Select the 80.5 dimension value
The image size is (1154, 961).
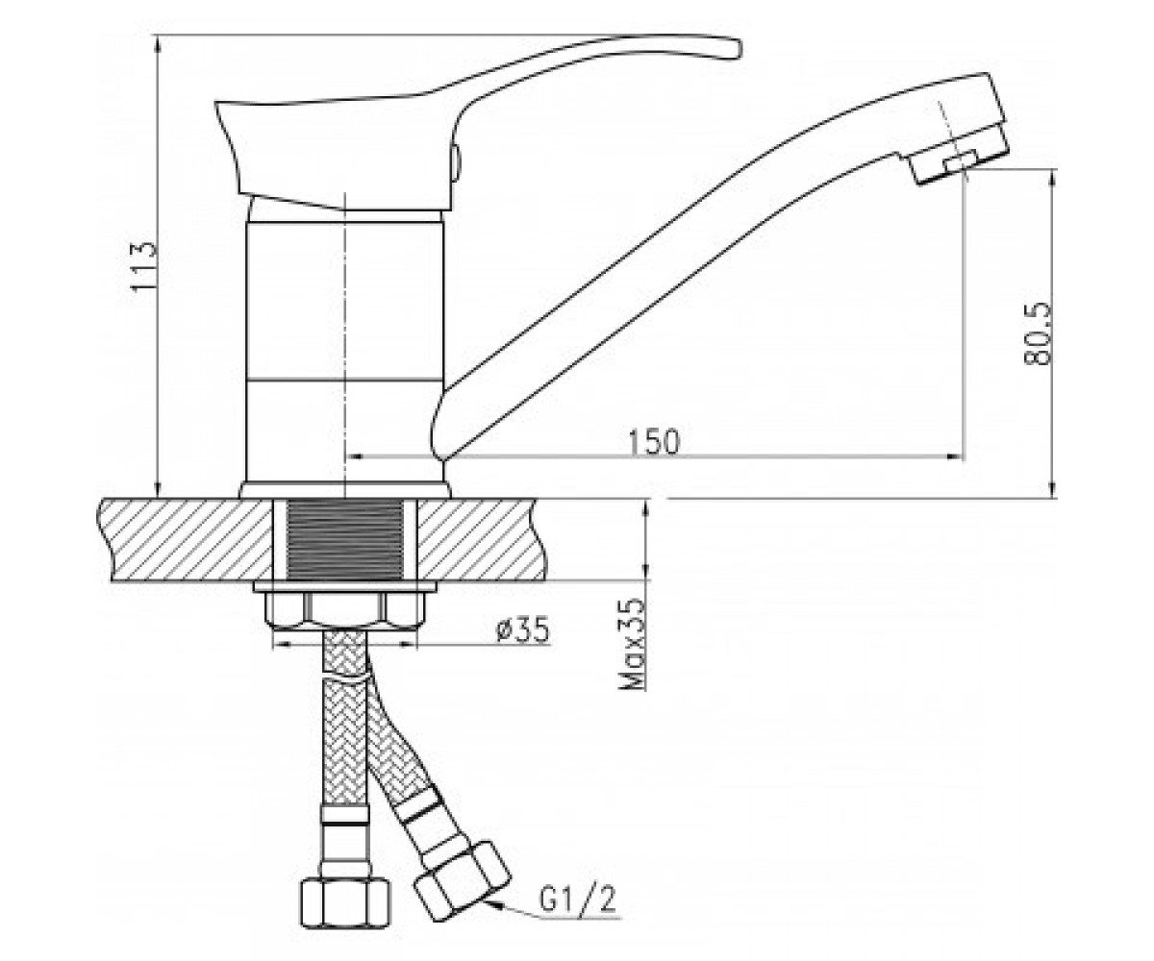[x=1036, y=333]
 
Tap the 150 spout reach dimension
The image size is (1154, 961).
[x=653, y=441]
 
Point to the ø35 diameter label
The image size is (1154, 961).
[x=522, y=629]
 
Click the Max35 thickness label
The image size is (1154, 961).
[x=632, y=644]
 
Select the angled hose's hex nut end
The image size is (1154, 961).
[x=462, y=880]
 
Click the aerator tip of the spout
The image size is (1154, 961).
[x=963, y=158]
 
